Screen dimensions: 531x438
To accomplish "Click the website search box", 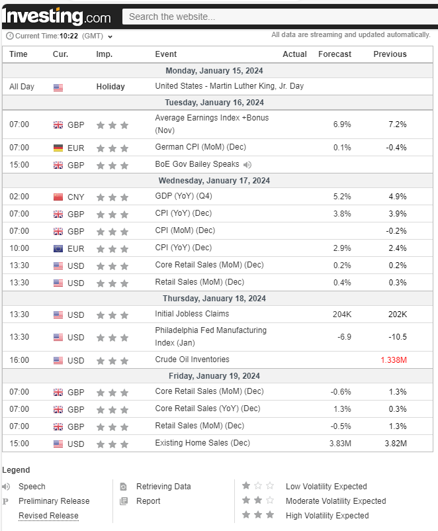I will (x=278, y=17).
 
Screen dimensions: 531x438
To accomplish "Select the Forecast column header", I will (x=335, y=54).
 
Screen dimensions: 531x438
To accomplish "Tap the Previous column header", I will (x=390, y=54).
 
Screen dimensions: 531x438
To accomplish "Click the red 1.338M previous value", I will (x=394, y=360).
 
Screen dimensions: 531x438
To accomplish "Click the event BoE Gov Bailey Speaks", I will (x=197, y=165).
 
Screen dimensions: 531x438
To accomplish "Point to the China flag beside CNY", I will (x=58, y=197).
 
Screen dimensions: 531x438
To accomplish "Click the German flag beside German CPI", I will (x=58, y=148).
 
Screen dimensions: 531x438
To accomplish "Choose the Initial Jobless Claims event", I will (x=192, y=314).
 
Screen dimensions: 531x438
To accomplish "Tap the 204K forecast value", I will (x=341, y=314).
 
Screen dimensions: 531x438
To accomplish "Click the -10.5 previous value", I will (x=397, y=337).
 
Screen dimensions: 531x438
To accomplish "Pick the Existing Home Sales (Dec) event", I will (x=201, y=443).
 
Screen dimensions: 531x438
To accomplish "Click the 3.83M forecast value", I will (x=340, y=444).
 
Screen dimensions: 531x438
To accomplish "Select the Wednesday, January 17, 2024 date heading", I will (x=214, y=181).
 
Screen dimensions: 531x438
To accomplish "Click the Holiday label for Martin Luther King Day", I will (x=110, y=87).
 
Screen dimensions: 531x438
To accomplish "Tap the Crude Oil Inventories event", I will (x=192, y=360).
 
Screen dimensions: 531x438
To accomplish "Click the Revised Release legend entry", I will (x=48, y=516).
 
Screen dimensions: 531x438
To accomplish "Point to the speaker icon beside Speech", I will (x=7, y=487).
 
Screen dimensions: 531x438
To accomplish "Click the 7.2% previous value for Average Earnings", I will (x=397, y=124).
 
